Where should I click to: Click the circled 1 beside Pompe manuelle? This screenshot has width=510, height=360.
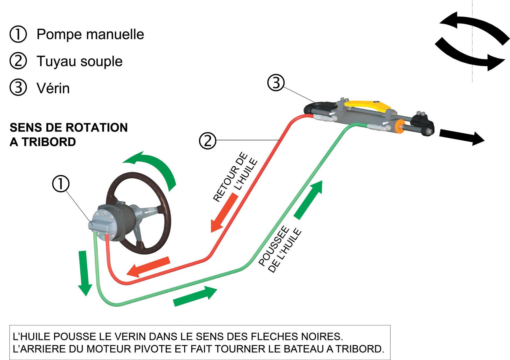(x=18, y=35)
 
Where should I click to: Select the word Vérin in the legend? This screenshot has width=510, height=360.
(x=53, y=88)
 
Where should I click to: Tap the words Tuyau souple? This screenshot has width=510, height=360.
(x=80, y=61)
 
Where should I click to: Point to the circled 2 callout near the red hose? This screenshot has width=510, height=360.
(x=207, y=141)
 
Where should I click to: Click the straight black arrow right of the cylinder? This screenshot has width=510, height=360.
(x=462, y=138)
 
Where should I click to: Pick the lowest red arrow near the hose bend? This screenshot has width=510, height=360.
(x=149, y=267)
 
